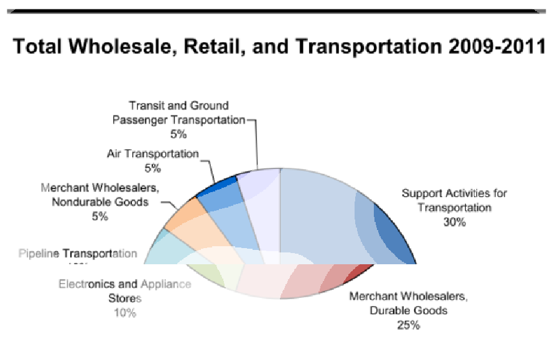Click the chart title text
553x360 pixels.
pyautogui.click(x=280, y=46)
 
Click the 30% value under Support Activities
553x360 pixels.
pyautogui.click(x=454, y=223)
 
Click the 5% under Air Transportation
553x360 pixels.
pyautogui.click(x=152, y=168)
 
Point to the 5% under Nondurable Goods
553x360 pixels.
pyautogui.click(x=100, y=216)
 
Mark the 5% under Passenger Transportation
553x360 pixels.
pyautogui.click(x=179, y=134)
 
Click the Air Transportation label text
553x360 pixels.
pyautogui.click(x=152, y=154)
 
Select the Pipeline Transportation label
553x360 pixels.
pyautogui.click(x=78, y=254)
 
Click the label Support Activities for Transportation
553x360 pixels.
pyautogui.click(x=454, y=200)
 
